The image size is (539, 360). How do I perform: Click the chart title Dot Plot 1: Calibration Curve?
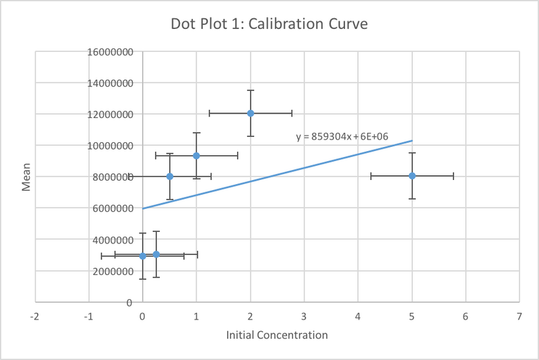[x=269, y=24]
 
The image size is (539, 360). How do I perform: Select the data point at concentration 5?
[x=412, y=176]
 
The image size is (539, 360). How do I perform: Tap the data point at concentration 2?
[x=250, y=113]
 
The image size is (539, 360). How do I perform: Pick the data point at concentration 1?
[x=196, y=156]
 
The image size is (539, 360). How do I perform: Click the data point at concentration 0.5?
[x=170, y=176]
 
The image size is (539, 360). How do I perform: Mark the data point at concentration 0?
[x=143, y=256]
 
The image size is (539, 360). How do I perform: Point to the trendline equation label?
[x=342, y=137]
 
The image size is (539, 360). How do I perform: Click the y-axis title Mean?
[x=26, y=177]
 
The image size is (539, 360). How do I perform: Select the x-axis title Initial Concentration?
[x=277, y=335]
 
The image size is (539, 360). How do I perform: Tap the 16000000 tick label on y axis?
[x=110, y=52]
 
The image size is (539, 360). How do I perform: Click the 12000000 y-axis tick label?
[x=110, y=114]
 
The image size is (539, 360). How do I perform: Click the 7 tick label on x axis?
[x=519, y=316]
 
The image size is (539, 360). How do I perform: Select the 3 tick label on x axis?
[x=304, y=316]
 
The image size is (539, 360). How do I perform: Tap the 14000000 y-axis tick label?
[x=110, y=83]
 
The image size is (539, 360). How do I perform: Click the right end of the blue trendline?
[x=411, y=141]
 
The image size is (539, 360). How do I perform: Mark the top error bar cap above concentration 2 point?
[x=250, y=90]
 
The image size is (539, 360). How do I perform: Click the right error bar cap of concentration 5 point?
[x=453, y=176]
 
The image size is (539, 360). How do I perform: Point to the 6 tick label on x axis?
[x=465, y=316]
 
